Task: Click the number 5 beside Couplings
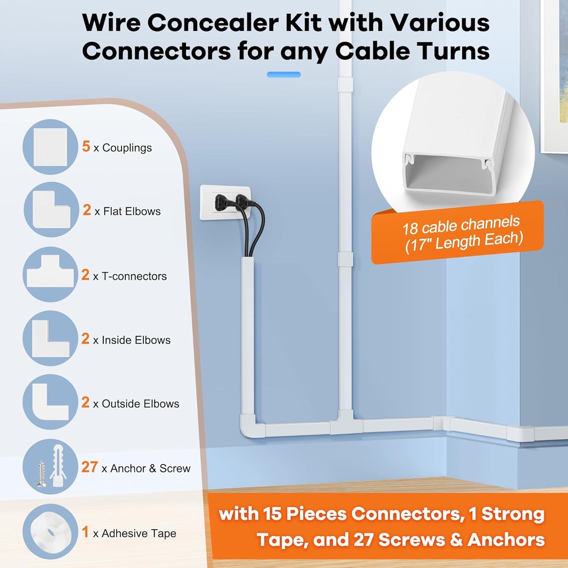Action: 86,146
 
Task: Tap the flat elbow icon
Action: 51,210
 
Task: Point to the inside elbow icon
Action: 50,338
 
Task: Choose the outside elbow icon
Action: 50,402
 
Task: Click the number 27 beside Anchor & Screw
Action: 89,467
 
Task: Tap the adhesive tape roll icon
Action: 50,531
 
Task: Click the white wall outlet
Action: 225,202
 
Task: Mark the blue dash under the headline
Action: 283,75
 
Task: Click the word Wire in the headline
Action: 111,23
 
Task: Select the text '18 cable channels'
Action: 461,225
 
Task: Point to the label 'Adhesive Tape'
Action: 139,533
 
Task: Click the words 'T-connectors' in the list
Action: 134,276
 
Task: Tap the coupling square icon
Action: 50,147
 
